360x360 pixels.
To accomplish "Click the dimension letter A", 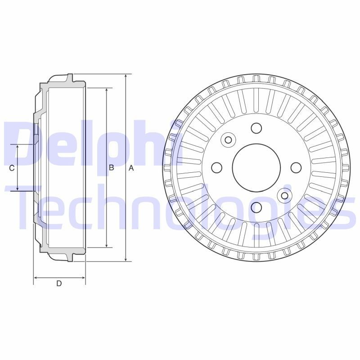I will click(x=131, y=168).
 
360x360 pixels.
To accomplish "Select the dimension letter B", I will click(x=112, y=168).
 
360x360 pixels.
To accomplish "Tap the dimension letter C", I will click(x=12, y=168).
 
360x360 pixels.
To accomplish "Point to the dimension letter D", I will click(x=59, y=283).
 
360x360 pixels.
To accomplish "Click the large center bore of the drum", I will click(x=256, y=168).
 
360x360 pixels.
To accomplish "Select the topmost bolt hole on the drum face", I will click(x=256, y=128).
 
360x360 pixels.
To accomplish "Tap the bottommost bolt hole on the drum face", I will click(x=256, y=207).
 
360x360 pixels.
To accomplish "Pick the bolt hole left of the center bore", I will click(x=216, y=168).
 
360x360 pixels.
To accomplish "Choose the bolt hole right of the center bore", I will click(x=296, y=168).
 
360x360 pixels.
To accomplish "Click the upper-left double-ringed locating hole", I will click(x=228, y=140).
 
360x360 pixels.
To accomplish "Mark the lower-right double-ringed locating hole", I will click(x=284, y=195).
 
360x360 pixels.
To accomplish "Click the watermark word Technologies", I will click(x=180, y=210).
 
